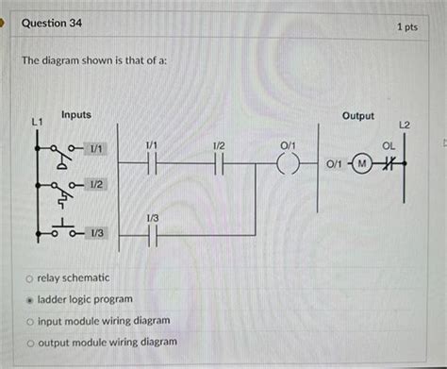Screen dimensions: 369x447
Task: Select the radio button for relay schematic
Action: coord(30,279)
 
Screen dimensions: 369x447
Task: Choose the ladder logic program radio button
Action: coord(30,299)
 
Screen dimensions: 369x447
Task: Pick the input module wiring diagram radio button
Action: coord(30,321)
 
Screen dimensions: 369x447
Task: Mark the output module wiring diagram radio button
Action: coord(30,342)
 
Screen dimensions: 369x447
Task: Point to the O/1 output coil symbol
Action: coord(288,164)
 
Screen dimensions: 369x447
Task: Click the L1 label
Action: coord(37,122)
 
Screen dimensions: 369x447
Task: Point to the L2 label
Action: coord(405,125)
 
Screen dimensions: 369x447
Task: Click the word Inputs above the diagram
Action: coord(76,114)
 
